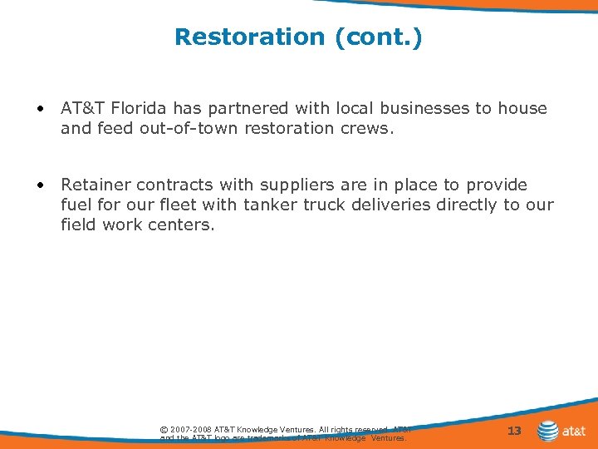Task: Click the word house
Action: pos(522,109)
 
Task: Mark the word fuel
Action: pos(76,205)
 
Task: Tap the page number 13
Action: pos(514,431)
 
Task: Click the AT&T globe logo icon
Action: pos(548,431)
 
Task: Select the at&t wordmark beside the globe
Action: pos(575,432)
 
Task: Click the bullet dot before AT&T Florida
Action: pos(39,109)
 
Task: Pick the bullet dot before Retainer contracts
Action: pos(39,185)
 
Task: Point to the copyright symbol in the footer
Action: pos(164,429)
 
